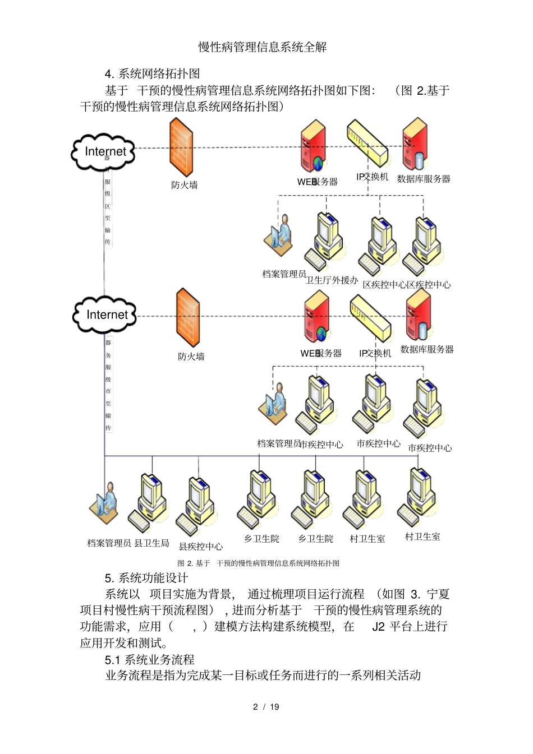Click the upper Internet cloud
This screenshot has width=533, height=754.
coord(104,151)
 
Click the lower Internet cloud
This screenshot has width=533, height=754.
coord(105,314)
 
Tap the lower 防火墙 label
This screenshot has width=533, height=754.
coord(191,357)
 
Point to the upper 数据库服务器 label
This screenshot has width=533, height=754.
coord(424,179)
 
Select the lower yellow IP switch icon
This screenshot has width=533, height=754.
coord(370,318)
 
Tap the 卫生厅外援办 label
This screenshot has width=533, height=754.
coord(332,280)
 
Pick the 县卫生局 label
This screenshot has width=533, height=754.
coord(151,543)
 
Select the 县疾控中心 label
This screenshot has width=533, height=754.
coord(200,547)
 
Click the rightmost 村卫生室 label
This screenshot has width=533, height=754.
coord(422,536)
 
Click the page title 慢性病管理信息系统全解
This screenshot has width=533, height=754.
coord(263,47)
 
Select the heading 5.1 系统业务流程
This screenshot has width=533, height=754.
coord(149,659)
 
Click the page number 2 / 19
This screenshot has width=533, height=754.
coord(266,706)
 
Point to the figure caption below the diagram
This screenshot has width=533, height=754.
coord(259,563)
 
